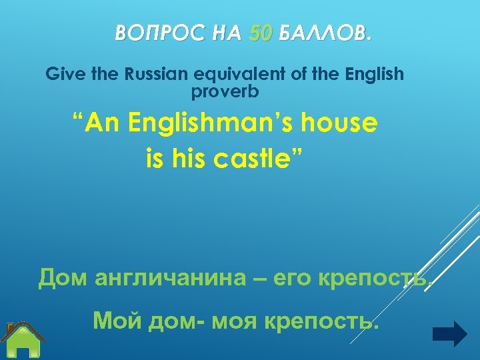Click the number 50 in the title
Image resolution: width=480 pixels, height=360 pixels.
(x=259, y=33)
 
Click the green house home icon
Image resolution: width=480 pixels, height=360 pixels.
(x=24, y=341)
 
